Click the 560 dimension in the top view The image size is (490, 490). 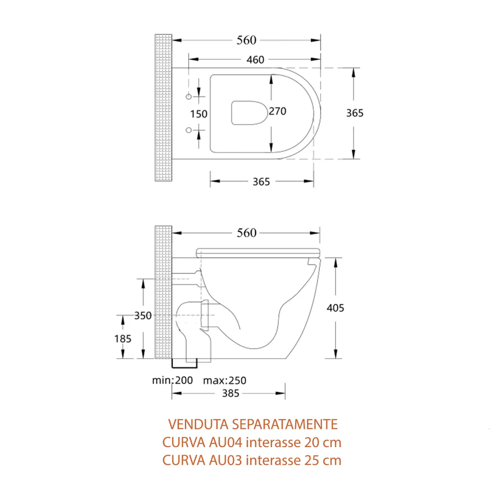247,40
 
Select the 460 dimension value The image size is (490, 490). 255,60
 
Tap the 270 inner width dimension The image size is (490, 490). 278,111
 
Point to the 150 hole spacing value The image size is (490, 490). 199,114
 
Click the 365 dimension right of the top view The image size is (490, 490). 354,113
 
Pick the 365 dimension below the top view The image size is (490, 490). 261,182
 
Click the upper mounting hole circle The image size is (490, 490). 189,97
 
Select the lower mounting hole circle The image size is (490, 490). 189,130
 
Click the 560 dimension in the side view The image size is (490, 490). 247,233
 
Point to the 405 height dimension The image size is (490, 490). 335,308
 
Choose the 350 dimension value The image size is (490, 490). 143,316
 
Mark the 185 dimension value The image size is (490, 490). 123,339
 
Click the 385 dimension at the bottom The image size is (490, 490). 231,394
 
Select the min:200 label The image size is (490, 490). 172,381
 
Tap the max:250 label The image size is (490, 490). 225,381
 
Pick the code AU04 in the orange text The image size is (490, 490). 226,442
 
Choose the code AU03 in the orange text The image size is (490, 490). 226,460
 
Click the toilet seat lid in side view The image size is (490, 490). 258,252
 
